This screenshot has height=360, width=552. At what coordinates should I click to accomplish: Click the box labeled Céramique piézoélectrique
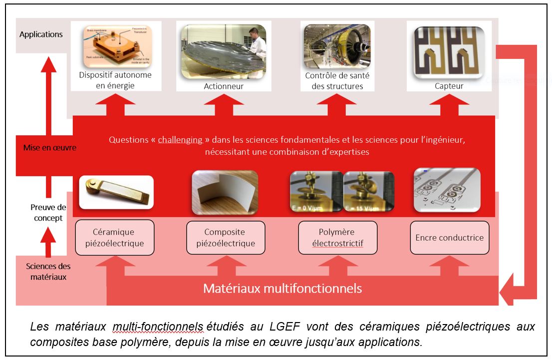114,238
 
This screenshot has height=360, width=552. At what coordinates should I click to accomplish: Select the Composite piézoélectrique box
226,238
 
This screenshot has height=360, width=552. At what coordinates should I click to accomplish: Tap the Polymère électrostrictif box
337,238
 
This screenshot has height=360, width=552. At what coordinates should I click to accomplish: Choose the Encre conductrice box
449,238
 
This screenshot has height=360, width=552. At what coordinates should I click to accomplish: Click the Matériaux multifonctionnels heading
282,289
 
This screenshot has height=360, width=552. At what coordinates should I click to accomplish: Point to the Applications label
41,34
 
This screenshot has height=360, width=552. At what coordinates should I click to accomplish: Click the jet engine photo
337,47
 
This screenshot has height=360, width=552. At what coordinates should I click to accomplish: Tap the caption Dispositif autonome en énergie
115,80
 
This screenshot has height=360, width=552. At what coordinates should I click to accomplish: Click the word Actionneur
224,86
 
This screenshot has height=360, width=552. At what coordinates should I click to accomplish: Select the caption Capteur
449,86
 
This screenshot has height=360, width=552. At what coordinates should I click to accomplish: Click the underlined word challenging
180,140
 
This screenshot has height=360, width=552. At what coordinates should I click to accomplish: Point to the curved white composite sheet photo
225,192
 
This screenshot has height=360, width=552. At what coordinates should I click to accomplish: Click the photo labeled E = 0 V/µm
316,192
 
